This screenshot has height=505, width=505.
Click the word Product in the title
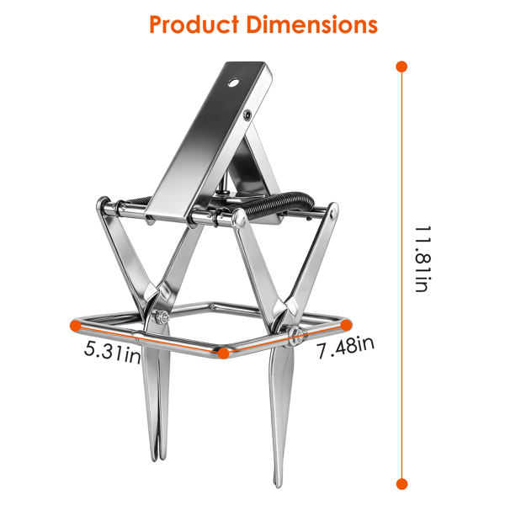click(194, 24)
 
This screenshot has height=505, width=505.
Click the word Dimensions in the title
click(312, 24)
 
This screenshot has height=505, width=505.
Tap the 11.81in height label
click(423, 259)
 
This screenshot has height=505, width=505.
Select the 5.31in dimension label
click(113, 353)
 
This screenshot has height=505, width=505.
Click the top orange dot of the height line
click(401, 66)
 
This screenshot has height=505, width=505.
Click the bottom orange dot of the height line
click(401, 484)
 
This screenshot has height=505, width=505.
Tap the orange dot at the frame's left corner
click(76, 325)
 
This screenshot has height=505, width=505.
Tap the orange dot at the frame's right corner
click(346, 325)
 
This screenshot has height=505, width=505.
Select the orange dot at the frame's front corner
click(223, 353)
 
